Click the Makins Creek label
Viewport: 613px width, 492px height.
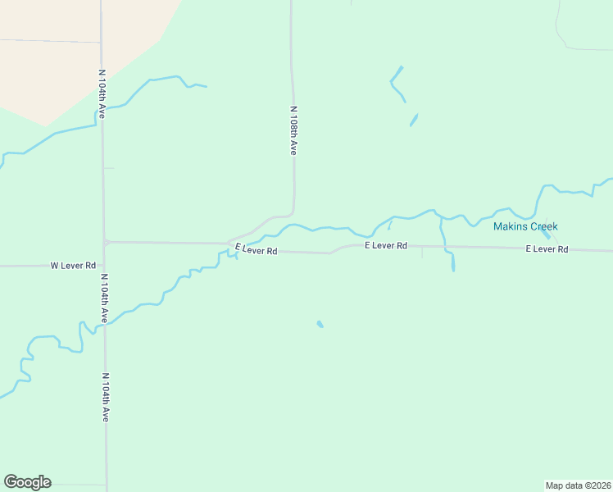pos(525,226)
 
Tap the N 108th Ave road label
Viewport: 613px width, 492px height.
pos(293,130)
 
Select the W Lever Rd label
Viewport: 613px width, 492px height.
pos(74,266)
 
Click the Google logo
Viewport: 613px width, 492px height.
pos(27,482)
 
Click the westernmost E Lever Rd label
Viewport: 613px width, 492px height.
pos(256,249)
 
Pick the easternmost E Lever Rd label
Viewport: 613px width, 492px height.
pos(547,248)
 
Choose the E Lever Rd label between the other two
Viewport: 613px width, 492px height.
pos(386,245)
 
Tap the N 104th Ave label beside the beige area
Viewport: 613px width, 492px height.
pos(102,94)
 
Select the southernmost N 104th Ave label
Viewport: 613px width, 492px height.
pos(105,398)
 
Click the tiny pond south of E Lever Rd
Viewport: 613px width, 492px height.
pos(320,325)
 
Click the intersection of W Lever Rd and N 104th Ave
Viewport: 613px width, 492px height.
pos(104,266)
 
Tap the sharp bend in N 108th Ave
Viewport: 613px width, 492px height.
pos(291,212)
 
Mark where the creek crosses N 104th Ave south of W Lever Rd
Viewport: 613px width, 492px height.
pos(105,326)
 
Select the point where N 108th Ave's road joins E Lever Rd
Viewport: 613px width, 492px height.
pos(229,243)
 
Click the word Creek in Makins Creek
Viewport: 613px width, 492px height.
pos(542,226)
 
